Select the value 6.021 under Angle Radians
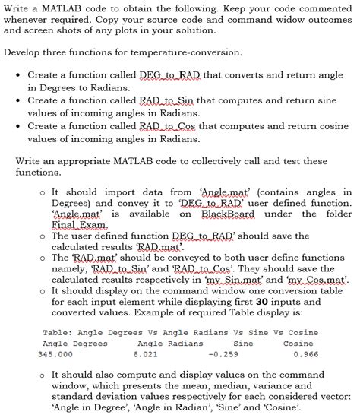[145, 354]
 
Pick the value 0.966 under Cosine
[305, 354]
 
